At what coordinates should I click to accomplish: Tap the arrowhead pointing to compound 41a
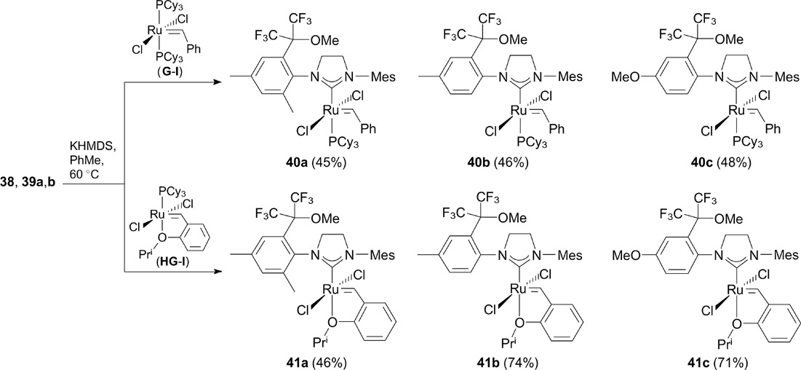219,272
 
